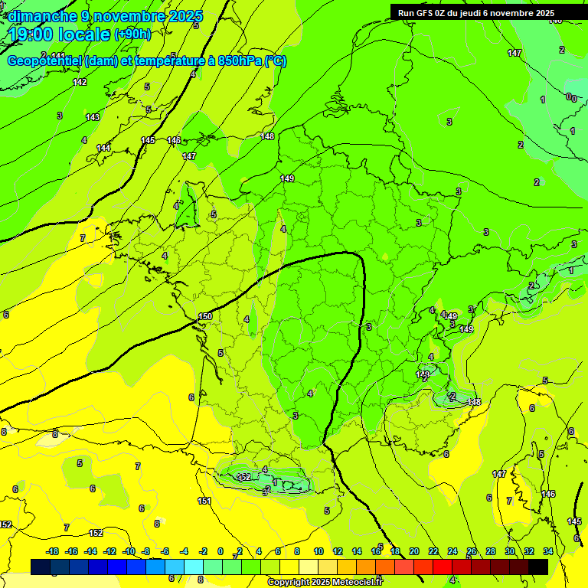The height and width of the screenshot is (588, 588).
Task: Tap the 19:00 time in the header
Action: click(31, 34)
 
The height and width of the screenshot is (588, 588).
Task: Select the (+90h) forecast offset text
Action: click(132, 34)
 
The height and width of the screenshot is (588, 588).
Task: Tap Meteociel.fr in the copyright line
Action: click(354, 583)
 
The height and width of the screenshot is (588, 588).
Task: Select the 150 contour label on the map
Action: click(205, 316)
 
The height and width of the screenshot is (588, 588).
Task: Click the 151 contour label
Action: click(204, 501)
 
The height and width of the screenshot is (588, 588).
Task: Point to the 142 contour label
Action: click(80, 82)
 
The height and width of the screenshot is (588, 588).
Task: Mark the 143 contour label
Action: click(93, 117)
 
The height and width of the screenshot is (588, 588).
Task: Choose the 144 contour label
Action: click(103, 148)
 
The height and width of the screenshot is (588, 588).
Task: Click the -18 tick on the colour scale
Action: click(53, 551)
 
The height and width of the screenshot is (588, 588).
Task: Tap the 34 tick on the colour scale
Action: click(548, 551)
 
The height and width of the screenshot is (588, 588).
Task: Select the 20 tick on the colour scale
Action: click(414, 551)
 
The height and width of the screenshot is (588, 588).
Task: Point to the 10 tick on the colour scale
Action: click(318, 551)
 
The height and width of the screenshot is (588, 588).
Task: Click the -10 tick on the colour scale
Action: click(129, 551)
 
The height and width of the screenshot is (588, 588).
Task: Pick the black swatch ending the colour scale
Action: click(538, 567)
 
